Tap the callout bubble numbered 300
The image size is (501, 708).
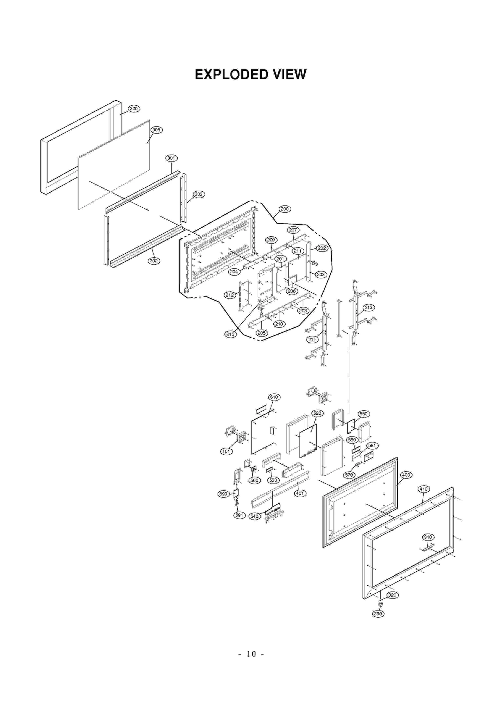tap(134, 109)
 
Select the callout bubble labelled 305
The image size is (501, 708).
tap(156, 130)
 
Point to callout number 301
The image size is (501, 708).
tap(171, 158)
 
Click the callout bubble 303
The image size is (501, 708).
tap(199, 194)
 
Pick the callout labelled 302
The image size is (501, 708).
tap(154, 261)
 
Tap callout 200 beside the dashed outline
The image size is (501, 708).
tap(285, 209)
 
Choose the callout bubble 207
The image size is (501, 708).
tap(293, 230)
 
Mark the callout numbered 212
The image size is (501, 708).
tap(230, 295)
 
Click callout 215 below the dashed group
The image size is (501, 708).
tap(230, 334)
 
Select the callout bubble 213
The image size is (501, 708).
tap(369, 307)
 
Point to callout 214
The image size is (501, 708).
tap(312, 340)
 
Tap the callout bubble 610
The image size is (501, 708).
tap(274, 397)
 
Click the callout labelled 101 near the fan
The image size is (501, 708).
tap(226, 451)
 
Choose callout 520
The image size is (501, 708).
tap(317, 413)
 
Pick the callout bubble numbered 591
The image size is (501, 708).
tap(239, 515)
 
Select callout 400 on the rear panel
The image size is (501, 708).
tap(406, 475)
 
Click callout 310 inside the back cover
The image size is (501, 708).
tap(428, 537)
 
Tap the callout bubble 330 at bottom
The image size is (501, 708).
tap(378, 614)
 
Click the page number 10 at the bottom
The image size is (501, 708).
tap(251, 654)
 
